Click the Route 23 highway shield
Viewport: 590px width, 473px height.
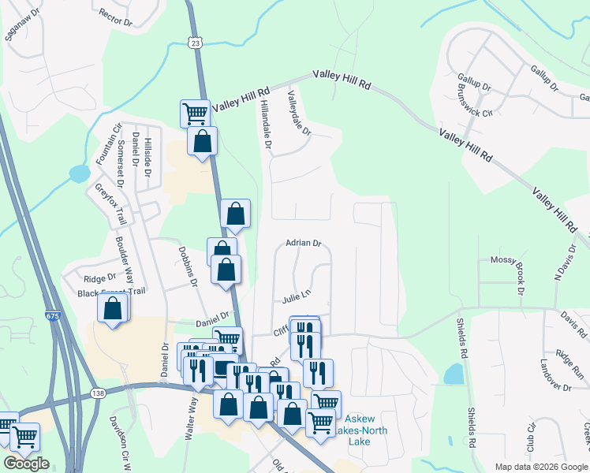click(x=195, y=43)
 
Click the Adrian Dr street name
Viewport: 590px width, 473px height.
click(x=304, y=244)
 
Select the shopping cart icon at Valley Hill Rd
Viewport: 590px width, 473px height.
click(x=195, y=112)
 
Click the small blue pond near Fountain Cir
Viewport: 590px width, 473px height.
click(x=80, y=173)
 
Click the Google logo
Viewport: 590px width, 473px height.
click(x=26, y=463)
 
